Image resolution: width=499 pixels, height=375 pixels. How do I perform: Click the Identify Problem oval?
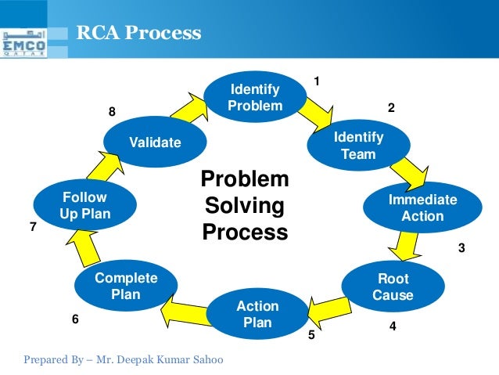pyautogui.click(x=255, y=96)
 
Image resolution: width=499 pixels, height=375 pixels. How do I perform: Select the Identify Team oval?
pyautogui.click(x=358, y=146)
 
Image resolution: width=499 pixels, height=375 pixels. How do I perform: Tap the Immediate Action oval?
pyautogui.click(x=422, y=208)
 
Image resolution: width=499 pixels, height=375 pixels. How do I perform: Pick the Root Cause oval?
pyautogui.click(x=393, y=287)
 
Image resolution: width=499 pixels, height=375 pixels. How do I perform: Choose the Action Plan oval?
pyautogui.click(x=257, y=313)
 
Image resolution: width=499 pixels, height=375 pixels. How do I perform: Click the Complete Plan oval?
pyautogui.click(x=125, y=287)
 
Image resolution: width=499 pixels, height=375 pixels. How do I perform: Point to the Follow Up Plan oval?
pyautogui.click(x=85, y=206)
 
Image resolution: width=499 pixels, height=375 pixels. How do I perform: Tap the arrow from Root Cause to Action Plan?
pyautogui.click(x=327, y=307)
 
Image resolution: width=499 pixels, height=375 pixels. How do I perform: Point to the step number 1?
pyautogui.click(x=317, y=81)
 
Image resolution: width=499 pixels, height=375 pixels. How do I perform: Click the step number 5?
pyautogui.click(x=311, y=335)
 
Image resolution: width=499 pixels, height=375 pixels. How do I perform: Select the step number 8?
pyautogui.click(x=112, y=112)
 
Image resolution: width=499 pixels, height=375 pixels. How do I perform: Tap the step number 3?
pyautogui.click(x=461, y=248)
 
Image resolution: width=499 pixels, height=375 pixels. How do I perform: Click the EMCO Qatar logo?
pyautogui.click(x=23, y=43)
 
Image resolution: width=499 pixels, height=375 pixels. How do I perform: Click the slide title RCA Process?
pyautogui.click(x=138, y=34)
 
